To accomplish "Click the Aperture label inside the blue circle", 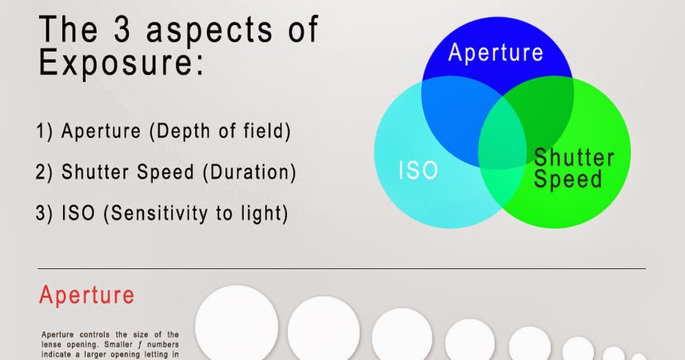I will click(x=496, y=53).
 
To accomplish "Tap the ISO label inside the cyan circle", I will click(x=418, y=171).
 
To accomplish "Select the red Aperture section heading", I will click(x=87, y=295).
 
